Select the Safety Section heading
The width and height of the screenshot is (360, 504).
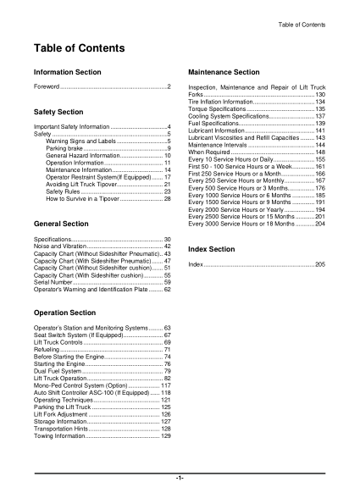pyautogui.click(x=58, y=112)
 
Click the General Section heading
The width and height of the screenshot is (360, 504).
pyautogui.click(x=60, y=223)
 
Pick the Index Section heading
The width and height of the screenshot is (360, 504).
pyautogui.click(x=211, y=250)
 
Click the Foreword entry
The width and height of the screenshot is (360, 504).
pyautogui.click(x=47, y=87)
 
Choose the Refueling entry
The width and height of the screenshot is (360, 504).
pyautogui.click(x=47, y=349)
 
